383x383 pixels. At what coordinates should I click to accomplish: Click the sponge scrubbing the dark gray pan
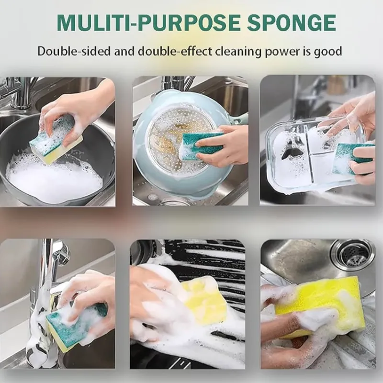point(55,139)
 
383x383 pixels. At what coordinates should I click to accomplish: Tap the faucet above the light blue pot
point(172,86)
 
